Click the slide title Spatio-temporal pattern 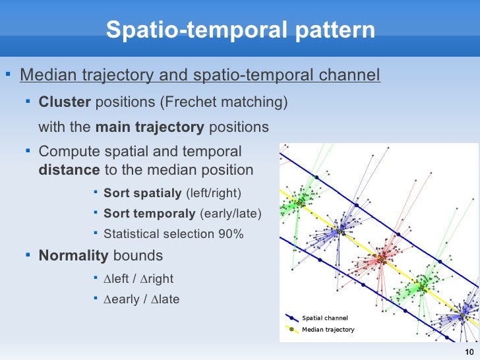point(240,30)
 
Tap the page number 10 point(469,351)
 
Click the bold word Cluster point(65,102)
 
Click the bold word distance point(69,169)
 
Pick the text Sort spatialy point(142,193)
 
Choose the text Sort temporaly point(149,214)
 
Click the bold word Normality point(73,255)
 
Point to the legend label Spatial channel point(324,318)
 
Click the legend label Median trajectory point(328,330)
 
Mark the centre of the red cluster point(381,260)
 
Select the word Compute point(65,151)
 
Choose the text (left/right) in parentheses point(214,193)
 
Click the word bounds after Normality point(138,255)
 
